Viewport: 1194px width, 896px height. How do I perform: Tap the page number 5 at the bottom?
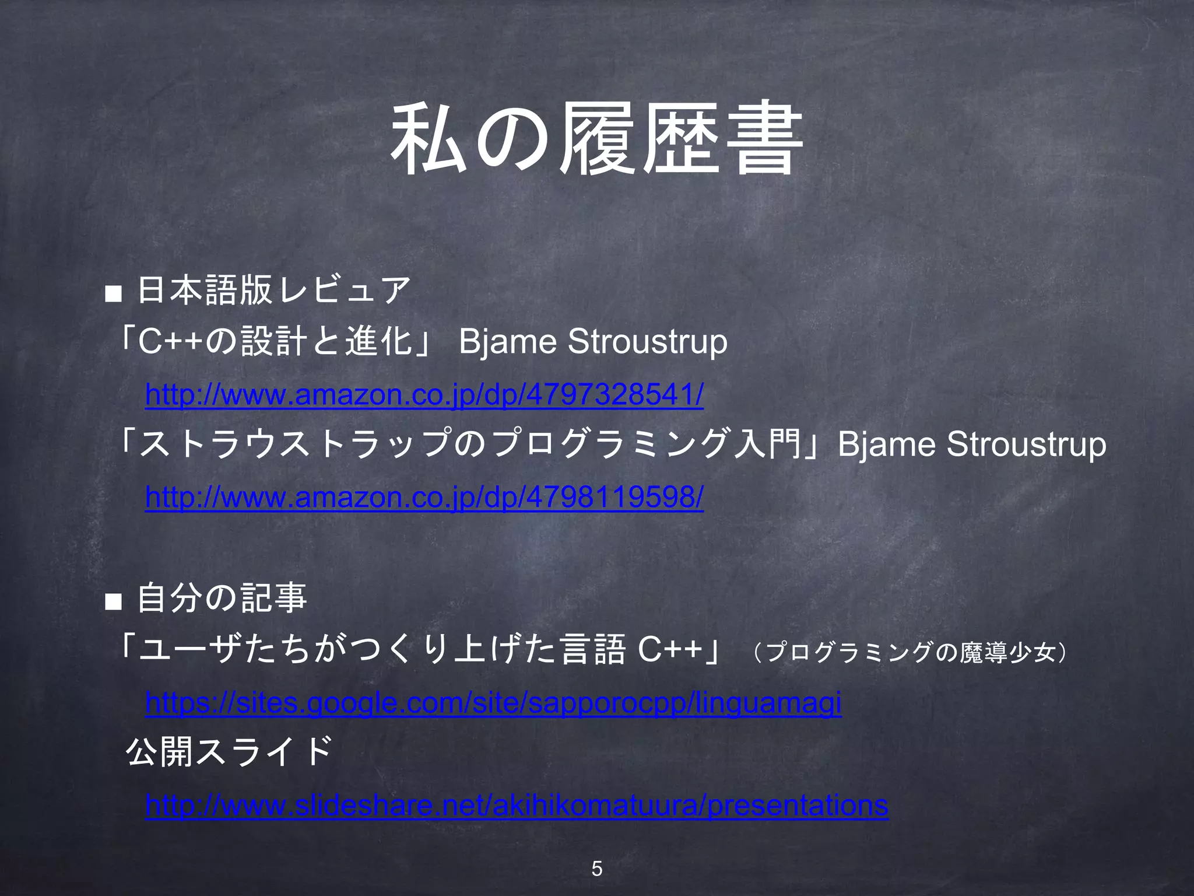coord(596,869)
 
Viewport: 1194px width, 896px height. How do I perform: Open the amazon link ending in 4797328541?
coord(424,395)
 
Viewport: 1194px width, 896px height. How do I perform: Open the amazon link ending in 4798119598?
coord(424,498)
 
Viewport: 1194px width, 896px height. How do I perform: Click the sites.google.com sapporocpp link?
coord(493,703)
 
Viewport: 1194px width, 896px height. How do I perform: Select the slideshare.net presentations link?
coord(517,806)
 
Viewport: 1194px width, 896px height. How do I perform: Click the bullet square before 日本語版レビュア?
coord(113,293)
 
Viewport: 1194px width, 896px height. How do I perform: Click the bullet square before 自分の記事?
coord(113,601)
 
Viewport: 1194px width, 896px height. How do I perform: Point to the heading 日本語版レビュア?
coord(274,290)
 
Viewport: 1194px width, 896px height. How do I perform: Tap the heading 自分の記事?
coord(222,598)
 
